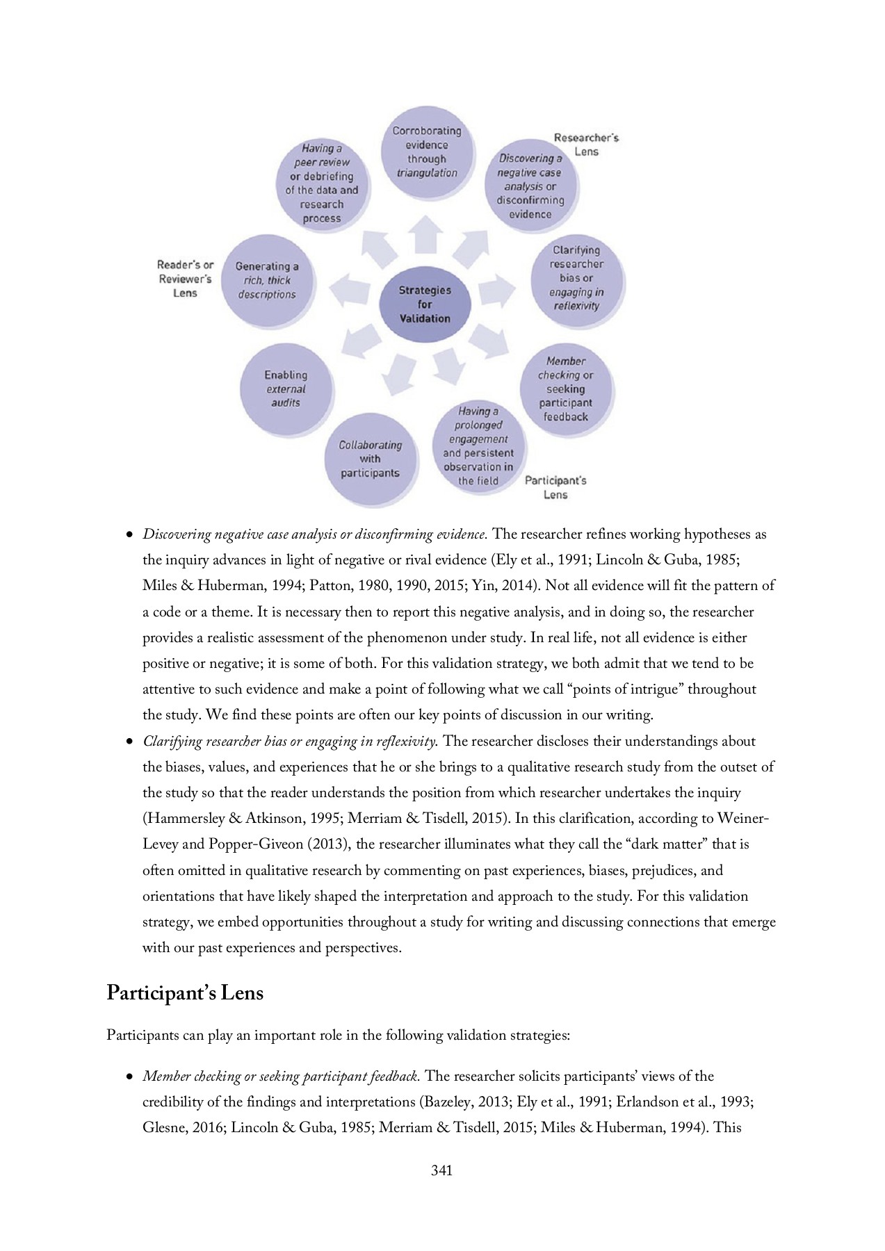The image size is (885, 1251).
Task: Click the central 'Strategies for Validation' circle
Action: click(x=425, y=304)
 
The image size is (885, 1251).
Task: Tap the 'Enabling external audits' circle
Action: click(x=286, y=389)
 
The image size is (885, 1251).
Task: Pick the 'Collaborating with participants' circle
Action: click(x=370, y=459)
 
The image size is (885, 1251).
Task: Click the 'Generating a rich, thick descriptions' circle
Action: click(x=267, y=280)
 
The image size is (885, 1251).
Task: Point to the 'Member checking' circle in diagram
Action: click(x=566, y=389)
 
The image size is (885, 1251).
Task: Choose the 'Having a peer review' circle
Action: click(x=321, y=183)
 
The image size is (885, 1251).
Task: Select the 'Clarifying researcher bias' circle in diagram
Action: click(x=576, y=278)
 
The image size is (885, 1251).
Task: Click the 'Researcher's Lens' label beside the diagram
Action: click(x=586, y=145)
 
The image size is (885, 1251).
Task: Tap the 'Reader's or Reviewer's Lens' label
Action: click(x=186, y=279)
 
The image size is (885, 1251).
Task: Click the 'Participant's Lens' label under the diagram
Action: click(x=555, y=487)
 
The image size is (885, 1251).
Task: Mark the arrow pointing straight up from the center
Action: click(x=425, y=234)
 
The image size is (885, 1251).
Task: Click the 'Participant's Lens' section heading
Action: click(x=185, y=993)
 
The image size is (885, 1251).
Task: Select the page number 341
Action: click(x=441, y=1170)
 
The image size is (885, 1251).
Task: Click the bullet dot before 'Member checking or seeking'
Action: click(x=129, y=1077)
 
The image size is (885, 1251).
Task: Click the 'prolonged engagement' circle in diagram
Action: click(x=478, y=445)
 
